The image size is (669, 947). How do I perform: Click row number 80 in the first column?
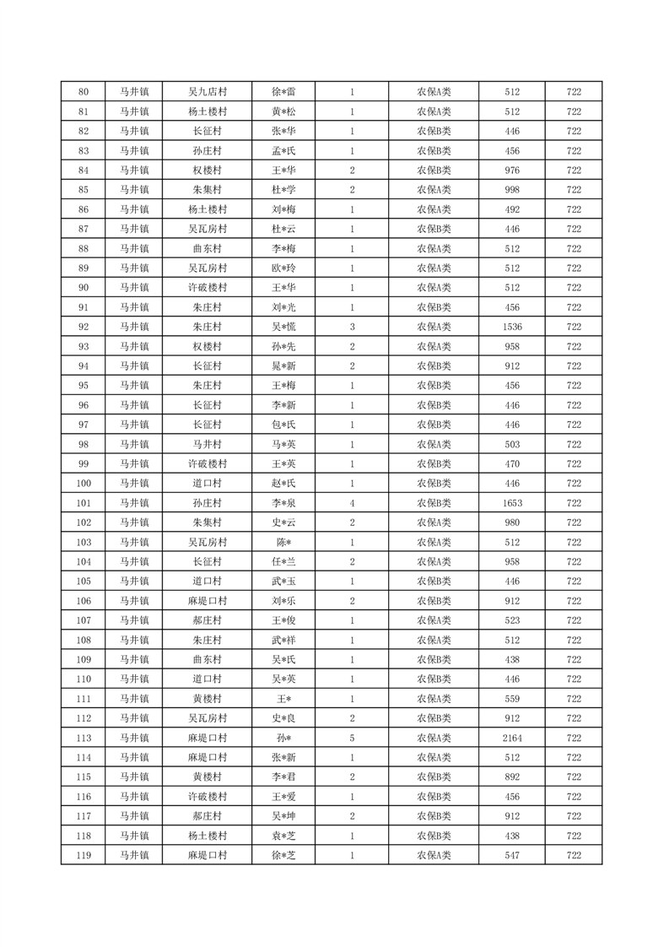[83, 92]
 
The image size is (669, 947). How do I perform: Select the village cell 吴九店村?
[207, 92]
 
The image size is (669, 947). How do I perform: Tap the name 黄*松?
[283, 111]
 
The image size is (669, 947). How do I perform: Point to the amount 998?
[512, 190]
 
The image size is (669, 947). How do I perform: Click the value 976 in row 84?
[512, 170]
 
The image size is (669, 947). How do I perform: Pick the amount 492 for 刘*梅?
[512, 209]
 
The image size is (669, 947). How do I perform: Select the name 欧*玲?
[283, 268]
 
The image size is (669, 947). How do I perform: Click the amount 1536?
[512, 327]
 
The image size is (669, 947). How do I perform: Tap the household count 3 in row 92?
[352, 327]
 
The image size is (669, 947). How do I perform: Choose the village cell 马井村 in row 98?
[207, 444]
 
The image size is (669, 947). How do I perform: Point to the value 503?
[512, 444]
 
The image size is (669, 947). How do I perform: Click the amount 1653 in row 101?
[512, 503]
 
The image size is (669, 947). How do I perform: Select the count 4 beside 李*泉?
[352, 503]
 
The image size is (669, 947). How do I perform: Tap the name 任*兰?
[283, 561]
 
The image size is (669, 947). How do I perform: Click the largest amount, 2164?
[512, 738]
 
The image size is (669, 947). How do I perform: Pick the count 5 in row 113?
[352, 738]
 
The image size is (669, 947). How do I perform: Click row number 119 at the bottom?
[83, 855]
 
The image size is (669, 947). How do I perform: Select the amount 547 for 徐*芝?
[512, 855]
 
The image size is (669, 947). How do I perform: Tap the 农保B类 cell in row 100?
[434, 484]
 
